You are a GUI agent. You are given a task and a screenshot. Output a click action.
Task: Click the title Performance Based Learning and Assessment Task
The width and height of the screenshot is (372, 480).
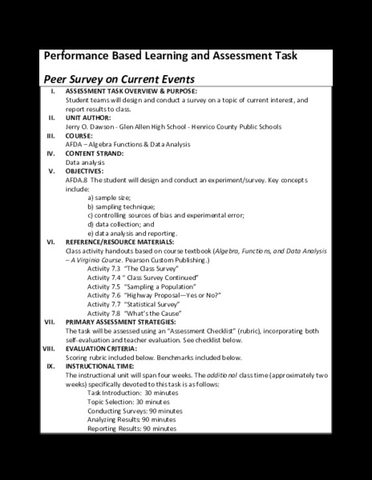(x=169, y=58)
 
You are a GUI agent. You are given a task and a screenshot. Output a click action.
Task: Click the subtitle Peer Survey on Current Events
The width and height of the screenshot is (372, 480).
(x=118, y=80)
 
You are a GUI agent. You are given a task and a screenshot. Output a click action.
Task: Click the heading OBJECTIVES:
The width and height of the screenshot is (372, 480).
(x=87, y=170)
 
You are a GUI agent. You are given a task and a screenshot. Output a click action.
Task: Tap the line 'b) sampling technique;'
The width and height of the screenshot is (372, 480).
(x=125, y=206)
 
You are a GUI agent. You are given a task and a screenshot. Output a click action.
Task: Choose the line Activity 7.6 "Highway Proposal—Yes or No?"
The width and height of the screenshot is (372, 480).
(x=152, y=294)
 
